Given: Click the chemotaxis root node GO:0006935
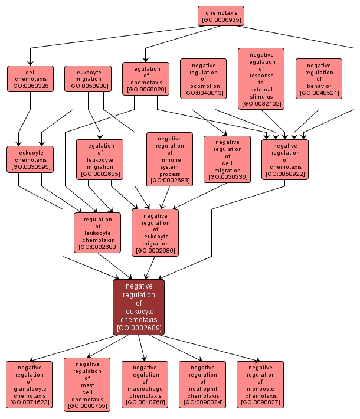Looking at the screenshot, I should click(x=221, y=16).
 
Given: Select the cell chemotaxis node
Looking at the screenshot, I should click(x=31, y=79).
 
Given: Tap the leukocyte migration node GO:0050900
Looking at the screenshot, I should click(x=88, y=79).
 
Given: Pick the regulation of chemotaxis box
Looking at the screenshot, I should click(x=145, y=78).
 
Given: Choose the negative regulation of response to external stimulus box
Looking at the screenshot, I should click(x=261, y=79).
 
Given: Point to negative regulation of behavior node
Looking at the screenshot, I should click(x=319, y=79).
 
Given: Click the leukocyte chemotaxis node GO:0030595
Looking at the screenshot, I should click(x=31, y=159).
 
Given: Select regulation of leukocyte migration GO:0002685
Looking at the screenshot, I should click(x=100, y=159).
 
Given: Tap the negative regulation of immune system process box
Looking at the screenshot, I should click(x=169, y=159).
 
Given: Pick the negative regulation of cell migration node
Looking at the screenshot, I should click(x=227, y=159).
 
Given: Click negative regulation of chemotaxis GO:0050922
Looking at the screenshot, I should click(x=286, y=159).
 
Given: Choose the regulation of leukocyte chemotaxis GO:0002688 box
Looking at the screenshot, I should click(x=97, y=233).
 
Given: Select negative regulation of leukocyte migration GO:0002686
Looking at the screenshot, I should click(x=155, y=233).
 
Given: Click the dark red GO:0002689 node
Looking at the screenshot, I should click(x=139, y=307).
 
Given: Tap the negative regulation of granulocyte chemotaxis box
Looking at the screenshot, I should click(x=30, y=385).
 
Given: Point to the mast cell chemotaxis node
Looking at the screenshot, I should click(x=87, y=384).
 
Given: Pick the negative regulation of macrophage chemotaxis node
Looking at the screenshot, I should click(x=145, y=385).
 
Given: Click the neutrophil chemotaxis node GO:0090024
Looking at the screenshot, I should click(x=202, y=385).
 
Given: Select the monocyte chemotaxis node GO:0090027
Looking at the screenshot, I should click(x=260, y=385).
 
